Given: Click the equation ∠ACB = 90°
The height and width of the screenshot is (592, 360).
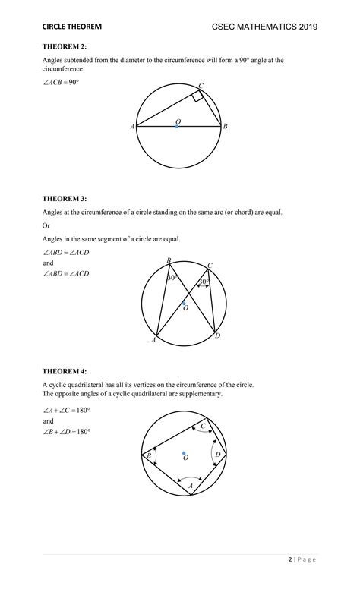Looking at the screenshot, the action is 61,81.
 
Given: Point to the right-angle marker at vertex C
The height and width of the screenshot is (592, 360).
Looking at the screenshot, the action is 197,96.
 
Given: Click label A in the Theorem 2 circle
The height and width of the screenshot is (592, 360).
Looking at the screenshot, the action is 132,127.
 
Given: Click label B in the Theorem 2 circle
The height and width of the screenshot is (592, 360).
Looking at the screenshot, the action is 226,127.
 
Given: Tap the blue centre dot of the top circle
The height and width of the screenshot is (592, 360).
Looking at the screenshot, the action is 178,126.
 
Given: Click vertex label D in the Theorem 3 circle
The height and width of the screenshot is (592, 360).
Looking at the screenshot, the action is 217,335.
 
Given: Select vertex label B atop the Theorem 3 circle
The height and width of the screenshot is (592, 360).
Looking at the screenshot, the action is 169,260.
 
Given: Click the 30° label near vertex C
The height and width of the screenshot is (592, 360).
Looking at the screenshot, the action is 204,282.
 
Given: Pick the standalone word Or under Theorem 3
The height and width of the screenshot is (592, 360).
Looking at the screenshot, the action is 46,225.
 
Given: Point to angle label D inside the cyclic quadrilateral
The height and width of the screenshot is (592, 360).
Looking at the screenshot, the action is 217,455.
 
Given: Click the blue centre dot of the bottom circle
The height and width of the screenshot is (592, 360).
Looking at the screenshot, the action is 184,454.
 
